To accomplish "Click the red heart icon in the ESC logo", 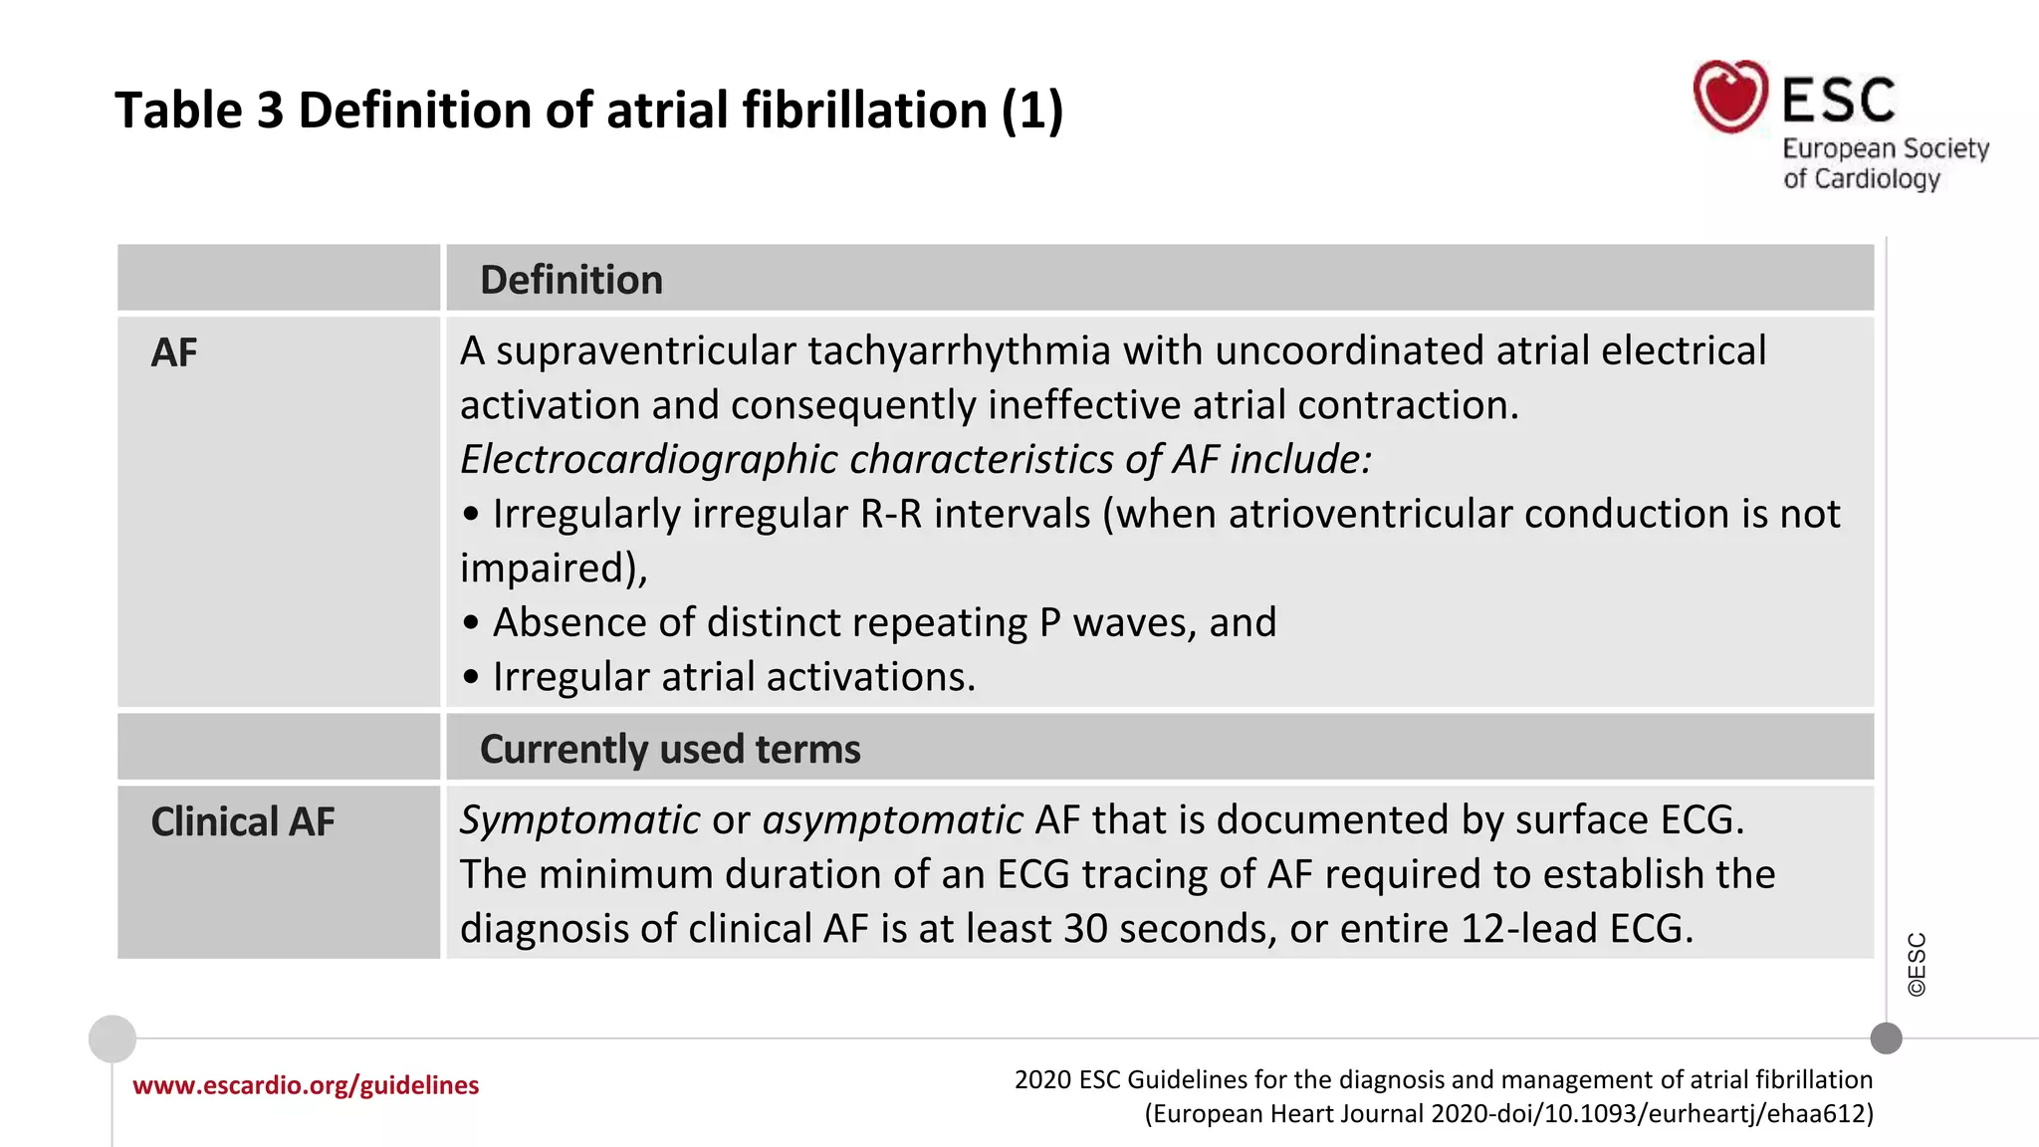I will [x=1730, y=97].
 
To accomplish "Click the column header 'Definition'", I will [x=570, y=280].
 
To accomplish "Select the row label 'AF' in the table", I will [x=174, y=352].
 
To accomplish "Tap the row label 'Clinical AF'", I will [x=243, y=822].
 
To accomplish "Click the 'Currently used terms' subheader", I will [x=670, y=749].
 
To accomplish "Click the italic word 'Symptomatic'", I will [x=579, y=820].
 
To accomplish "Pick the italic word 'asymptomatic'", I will [x=892, y=820].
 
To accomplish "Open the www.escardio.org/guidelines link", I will [x=306, y=1085].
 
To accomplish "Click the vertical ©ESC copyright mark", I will [x=1917, y=964].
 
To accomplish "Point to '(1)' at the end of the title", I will [x=1031, y=110].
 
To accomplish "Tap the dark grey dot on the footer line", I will [x=1886, y=1038].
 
